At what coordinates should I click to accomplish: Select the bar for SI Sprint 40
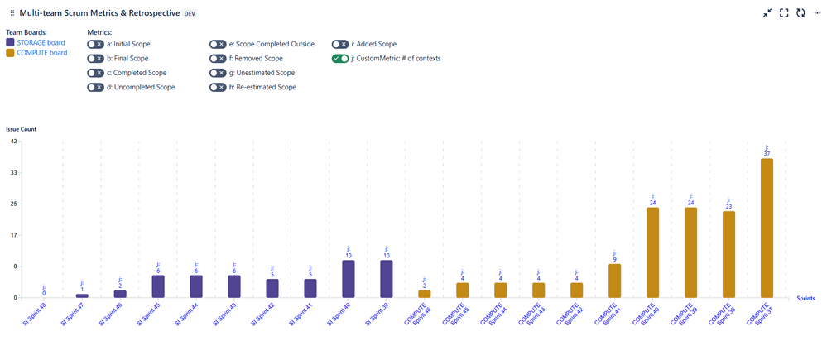(348, 279)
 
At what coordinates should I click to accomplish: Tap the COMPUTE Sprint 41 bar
(614, 281)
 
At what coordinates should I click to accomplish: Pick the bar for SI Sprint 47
(82, 295)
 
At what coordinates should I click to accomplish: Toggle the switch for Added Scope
(341, 44)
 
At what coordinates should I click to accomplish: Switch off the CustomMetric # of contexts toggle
(341, 59)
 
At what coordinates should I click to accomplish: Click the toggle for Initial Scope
(95, 44)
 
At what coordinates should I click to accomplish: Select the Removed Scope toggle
(218, 59)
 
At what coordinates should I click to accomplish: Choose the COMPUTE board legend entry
(42, 53)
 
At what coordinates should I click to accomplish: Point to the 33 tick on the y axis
(13, 173)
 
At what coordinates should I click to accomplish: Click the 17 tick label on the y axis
(13, 235)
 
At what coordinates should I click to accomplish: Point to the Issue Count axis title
(21, 129)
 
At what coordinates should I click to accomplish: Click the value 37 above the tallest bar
(767, 154)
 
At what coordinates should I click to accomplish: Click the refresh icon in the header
(801, 13)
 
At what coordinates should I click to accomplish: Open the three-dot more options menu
(817, 13)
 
